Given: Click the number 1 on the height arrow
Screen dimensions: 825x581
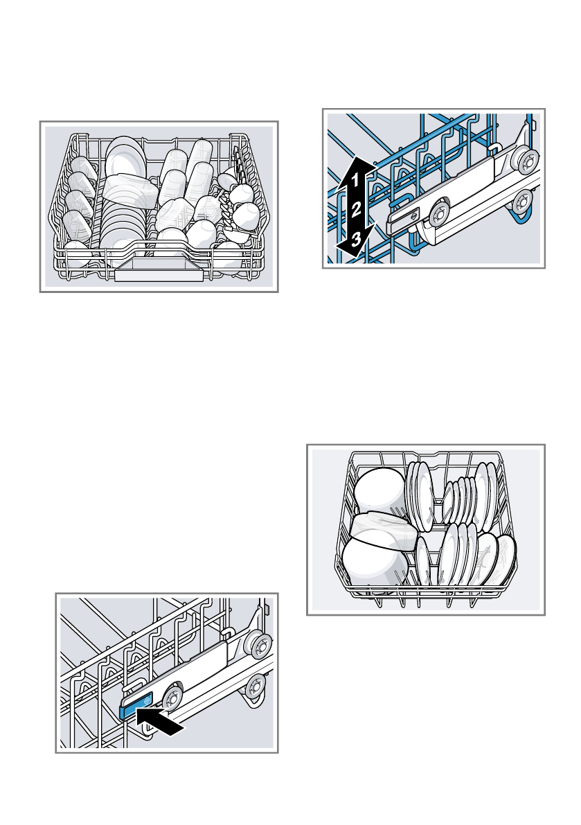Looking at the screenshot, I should click(x=354, y=181).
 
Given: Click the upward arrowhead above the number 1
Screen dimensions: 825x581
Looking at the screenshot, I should click(x=353, y=163).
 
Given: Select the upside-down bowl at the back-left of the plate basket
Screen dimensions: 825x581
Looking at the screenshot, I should click(x=379, y=488).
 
